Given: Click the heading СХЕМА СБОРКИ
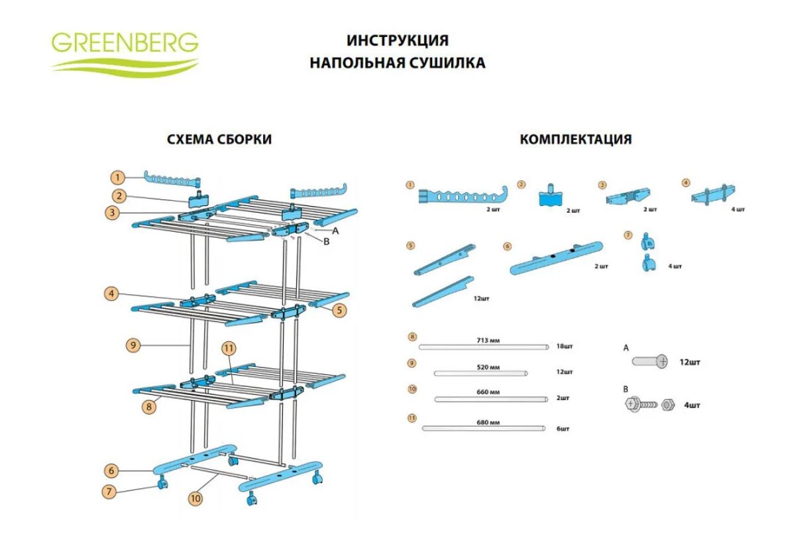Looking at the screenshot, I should coord(219,139).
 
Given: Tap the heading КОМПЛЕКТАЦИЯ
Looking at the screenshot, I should coord(575,139).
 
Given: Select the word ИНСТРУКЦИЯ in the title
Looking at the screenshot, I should coord(398,40).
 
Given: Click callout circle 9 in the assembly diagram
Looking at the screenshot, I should coord(134,344).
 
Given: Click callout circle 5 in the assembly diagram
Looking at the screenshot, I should coord(340,309).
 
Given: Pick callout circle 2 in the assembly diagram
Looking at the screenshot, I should coord(119,195).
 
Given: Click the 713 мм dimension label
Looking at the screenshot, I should coord(487,340).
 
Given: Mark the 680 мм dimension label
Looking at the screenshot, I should coord(487,422).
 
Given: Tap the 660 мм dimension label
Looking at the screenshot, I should coord(487,392).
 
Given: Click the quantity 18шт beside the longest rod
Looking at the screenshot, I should coord(564,346).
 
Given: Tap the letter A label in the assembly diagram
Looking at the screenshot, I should coord(336,231).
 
